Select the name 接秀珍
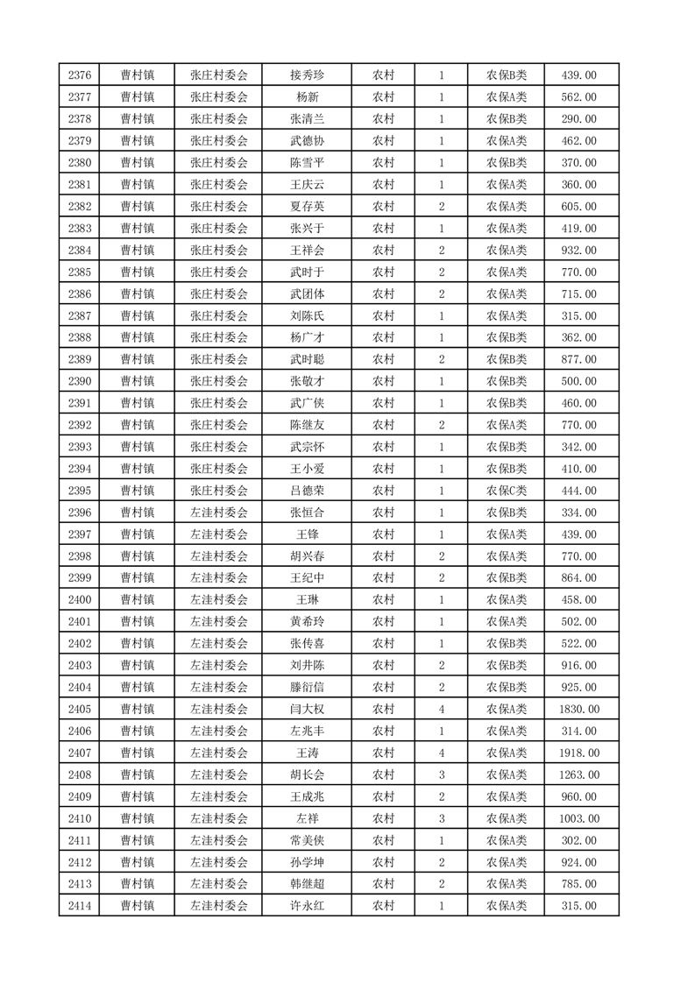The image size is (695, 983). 307,75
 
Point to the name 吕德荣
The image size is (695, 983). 307,491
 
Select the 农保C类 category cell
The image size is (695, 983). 506,491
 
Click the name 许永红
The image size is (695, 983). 307,906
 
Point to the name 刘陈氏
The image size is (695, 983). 307,316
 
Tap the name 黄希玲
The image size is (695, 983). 307,622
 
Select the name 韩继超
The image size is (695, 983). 307,884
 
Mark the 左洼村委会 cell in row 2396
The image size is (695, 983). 219,513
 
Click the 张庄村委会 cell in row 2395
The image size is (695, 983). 219,491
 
